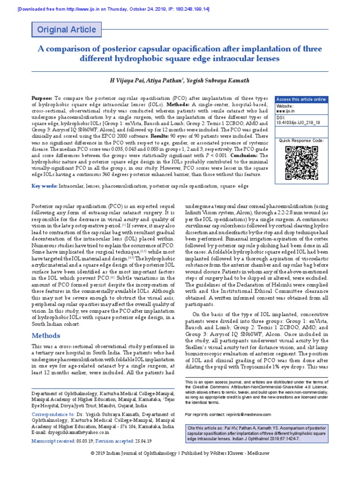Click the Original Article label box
click(67, 30)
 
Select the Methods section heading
click(46, 336)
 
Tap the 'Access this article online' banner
click(301, 99)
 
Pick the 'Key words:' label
click(44, 186)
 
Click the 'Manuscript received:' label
click(52, 442)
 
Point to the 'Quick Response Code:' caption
click(301, 140)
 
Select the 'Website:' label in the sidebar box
click(285, 106)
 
